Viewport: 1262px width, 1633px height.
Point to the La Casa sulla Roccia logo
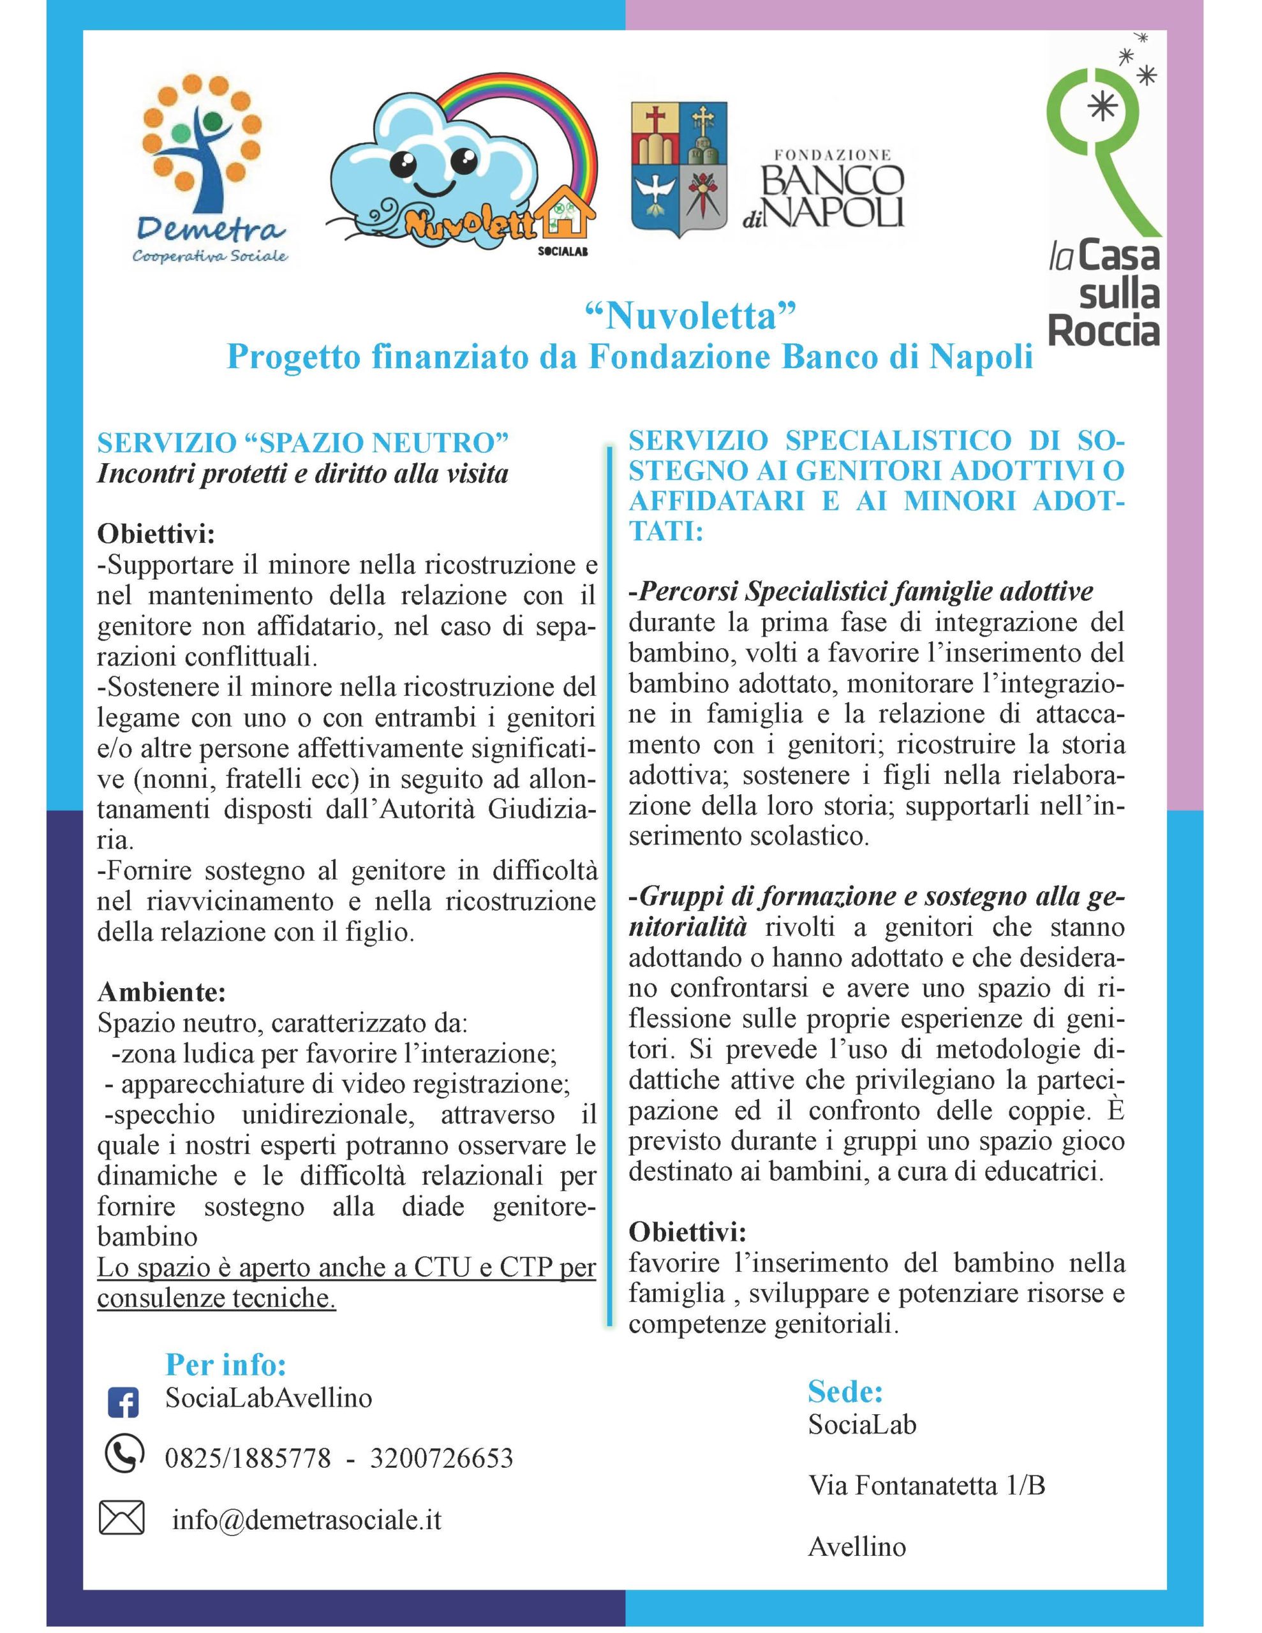[x=1103, y=195]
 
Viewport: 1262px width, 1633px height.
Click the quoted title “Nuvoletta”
[x=688, y=316]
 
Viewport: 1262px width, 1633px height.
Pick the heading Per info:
[x=226, y=1364]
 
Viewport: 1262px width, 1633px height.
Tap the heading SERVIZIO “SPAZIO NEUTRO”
[x=303, y=443]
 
